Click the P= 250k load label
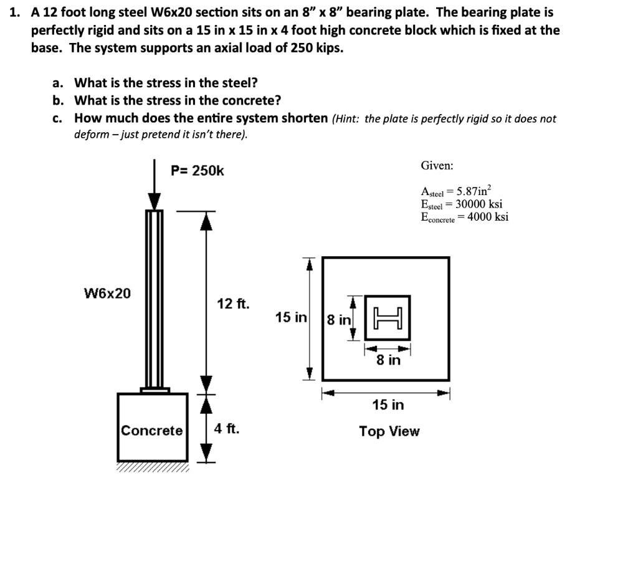pyautogui.click(x=198, y=171)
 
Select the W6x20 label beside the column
pyautogui.click(x=108, y=293)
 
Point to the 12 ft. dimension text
pyautogui.click(x=233, y=304)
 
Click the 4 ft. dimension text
pyautogui.click(x=227, y=429)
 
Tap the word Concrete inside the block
pyautogui.click(x=152, y=431)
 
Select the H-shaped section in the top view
pyautogui.click(x=387, y=317)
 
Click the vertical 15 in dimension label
pyautogui.click(x=291, y=318)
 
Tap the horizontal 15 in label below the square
pyautogui.click(x=388, y=405)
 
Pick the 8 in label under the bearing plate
pyautogui.click(x=388, y=360)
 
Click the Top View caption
pyautogui.click(x=389, y=431)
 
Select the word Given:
pyautogui.click(x=437, y=166)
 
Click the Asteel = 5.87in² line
pyautogui.click(x=457, y=192)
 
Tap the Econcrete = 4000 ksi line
pyautogui.click(x=464, y=217)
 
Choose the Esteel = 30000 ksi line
pyautogui.click(x=462, y=204)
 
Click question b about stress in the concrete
pyautogui.click(x=177, y=100)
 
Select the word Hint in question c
pyautogui.click(x=346, y=119)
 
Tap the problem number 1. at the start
pyautogui.click(x=16, y=12)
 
